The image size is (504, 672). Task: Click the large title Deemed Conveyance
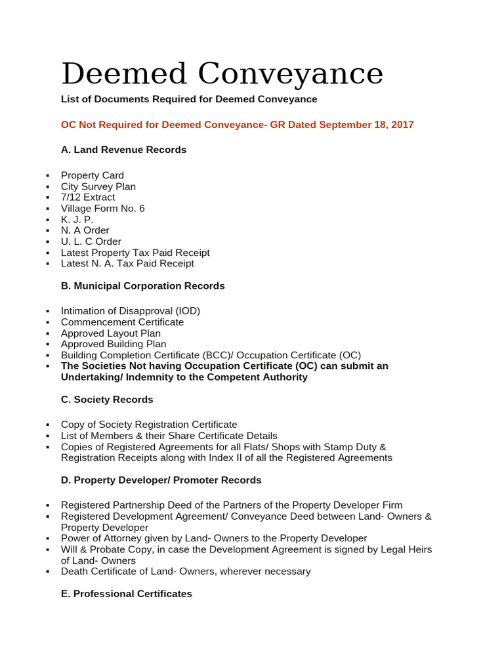click(222, 73)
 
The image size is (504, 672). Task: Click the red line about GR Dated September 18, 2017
click(237, 125)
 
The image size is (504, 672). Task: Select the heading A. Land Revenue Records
click(123, 150)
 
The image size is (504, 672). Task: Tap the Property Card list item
click(92, 175)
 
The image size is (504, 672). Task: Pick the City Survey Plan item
click(98, 186)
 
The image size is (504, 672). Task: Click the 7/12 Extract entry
click(88, 198)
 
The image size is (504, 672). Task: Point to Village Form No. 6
click(102, 209)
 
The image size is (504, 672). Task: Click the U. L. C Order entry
click(91, 241)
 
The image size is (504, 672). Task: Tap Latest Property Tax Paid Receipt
click(135, 253)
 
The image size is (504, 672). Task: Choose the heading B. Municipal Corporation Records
click(142, 286)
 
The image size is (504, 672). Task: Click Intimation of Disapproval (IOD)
click(131, 311)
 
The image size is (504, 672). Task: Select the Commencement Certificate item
click(122, 322)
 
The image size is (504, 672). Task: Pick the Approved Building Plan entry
click(114, 344)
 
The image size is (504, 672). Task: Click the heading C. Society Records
click(107, 400)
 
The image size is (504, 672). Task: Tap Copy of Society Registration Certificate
click(149, 425)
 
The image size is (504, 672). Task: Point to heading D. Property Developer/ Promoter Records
click(161, 480)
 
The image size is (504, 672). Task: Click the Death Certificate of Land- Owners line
click(186, 572)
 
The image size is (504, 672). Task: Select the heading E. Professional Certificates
click(127, 594)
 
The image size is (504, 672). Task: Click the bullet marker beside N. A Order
click(48, 231)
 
